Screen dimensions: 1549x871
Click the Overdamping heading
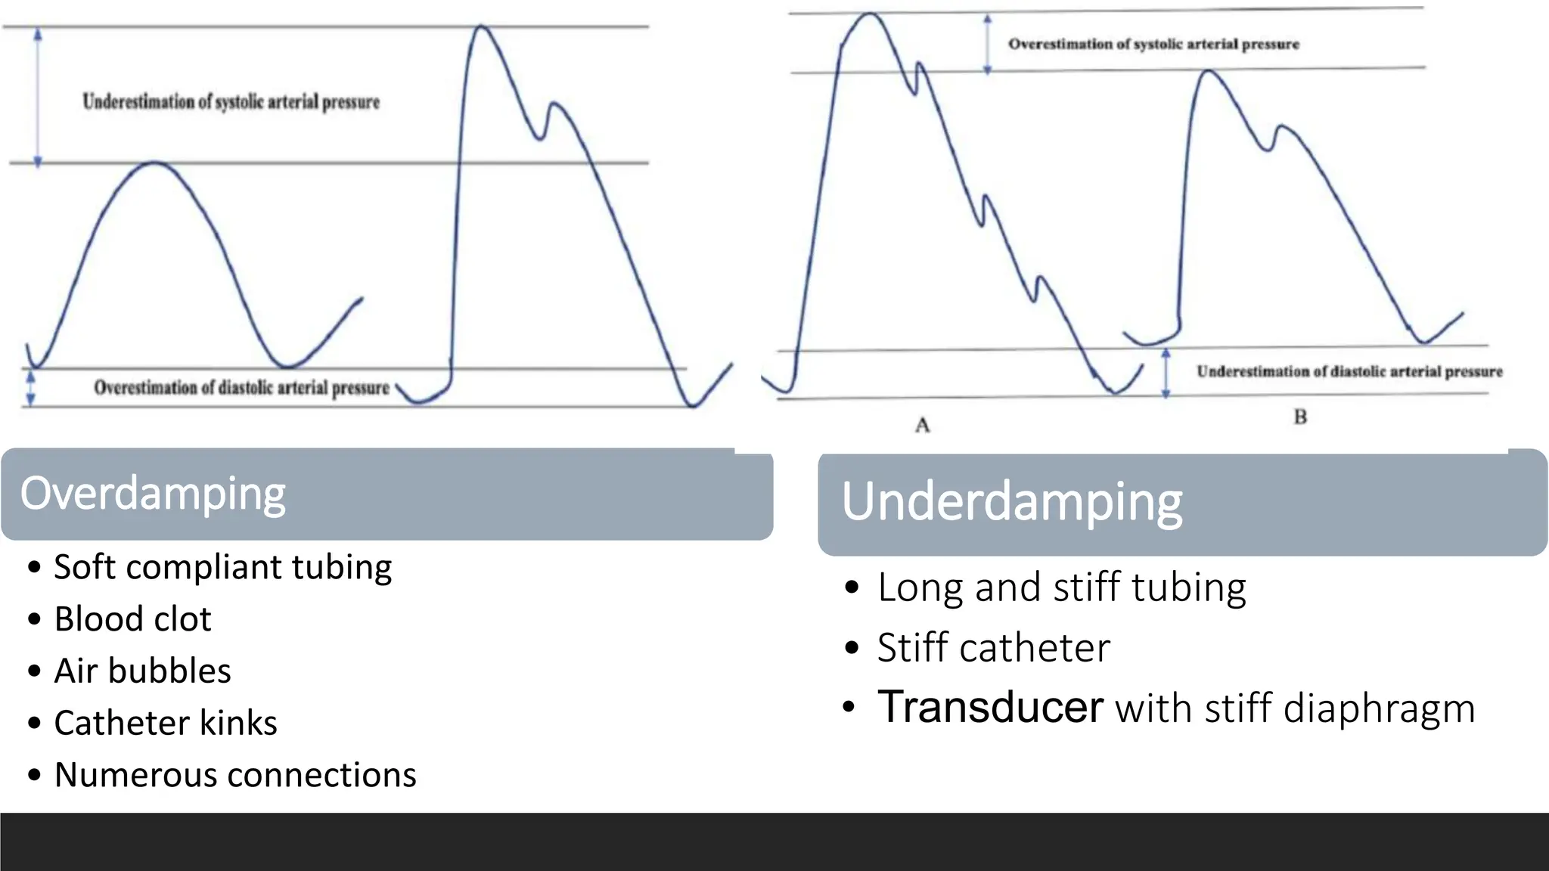[153, 494]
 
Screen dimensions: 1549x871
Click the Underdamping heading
[1011, 502]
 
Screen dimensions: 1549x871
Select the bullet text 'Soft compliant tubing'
[223, 567]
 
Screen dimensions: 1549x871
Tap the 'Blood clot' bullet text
[132, 619]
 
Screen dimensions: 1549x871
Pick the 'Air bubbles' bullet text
[142, 671]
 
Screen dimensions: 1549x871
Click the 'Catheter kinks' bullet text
[166, 724]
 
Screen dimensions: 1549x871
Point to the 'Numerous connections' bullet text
[235, 776]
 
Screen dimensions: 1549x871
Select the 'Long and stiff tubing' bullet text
[1061, 587]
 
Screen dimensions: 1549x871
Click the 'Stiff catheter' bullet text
[993, 648]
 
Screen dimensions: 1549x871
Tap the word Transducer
[989, 708]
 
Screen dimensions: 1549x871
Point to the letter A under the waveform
[922, 425]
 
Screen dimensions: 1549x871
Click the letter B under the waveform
[1300, 417]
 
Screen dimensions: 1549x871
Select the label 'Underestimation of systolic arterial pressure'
[231, 101]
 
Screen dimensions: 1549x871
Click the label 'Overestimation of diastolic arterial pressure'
[241, 388]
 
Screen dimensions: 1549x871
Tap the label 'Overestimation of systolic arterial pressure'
[1153, 44]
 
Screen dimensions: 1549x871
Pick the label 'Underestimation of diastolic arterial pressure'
[1349, 371]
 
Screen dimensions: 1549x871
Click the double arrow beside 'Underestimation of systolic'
[38, 96]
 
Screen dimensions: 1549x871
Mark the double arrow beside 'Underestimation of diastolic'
[1166, 373]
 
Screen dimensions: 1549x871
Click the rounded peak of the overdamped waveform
[154, 163]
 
